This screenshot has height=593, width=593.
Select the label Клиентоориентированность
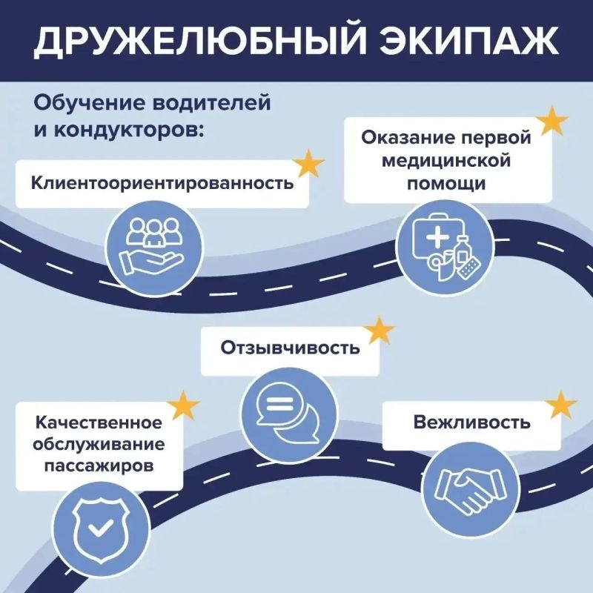tap(162, 183)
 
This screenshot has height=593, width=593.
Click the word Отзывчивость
tap(290, 348)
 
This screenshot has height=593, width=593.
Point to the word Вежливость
tap(471, 422)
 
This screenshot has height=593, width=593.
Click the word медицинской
tap(446, 161)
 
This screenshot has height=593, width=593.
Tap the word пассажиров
tap(99, 466)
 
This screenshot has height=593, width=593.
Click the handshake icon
tap(471, 489)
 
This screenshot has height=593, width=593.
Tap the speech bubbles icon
tap(288, 411)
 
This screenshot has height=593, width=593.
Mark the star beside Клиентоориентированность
tap(309, 163)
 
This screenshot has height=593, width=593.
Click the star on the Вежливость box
tap(562, 405)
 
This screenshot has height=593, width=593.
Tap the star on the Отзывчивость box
tap(380, 330)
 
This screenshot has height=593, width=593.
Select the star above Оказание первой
tap(552, 121)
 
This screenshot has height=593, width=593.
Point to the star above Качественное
tap(183, 405)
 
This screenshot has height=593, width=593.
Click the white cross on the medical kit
tap(437, 238)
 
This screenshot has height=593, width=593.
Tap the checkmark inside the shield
tap(100, 527)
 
